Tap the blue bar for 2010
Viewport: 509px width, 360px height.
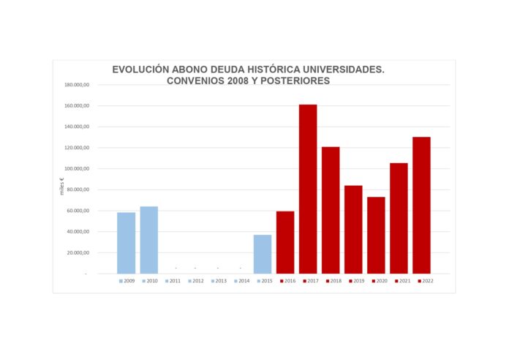149,240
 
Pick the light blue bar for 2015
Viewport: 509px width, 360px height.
263,254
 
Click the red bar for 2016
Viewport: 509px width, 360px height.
285,242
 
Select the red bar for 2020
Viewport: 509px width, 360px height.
376,235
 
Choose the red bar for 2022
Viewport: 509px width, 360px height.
421,205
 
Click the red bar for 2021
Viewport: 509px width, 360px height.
399,218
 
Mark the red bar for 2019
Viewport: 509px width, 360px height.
353,229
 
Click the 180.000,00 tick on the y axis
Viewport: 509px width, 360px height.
77,85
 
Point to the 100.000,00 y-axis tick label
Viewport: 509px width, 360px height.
77,169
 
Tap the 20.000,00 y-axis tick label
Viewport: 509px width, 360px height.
78,252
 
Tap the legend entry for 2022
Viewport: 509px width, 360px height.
426,281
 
